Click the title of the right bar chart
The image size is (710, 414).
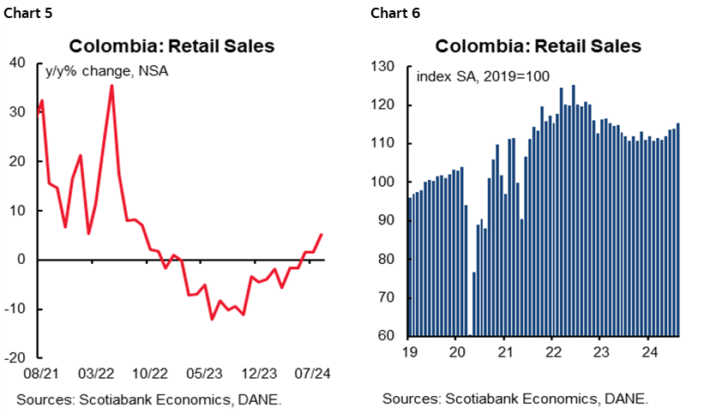538,46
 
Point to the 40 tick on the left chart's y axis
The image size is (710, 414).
24,63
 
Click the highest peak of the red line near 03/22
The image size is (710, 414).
111,86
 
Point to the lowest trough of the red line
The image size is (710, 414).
212,319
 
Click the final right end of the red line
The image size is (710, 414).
322,234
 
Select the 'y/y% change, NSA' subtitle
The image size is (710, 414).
106,71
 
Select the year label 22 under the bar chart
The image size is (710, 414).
554,351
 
